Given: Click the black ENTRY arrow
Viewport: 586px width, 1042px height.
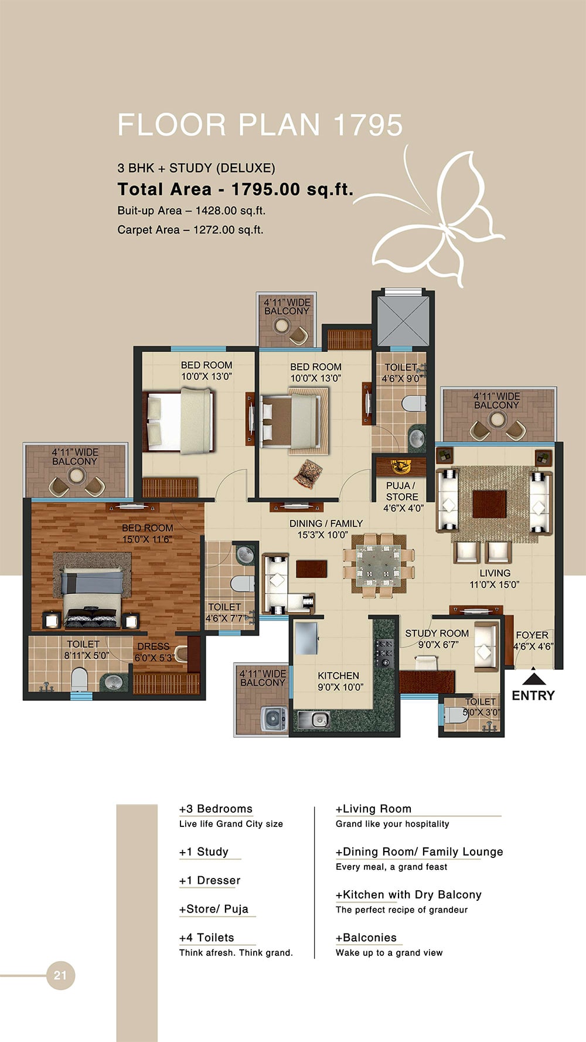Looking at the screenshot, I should click(533, 679).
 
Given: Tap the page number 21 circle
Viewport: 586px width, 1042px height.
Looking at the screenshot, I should click(60, 975).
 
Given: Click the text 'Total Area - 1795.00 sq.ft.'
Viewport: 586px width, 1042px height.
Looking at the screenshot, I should click(236, 189).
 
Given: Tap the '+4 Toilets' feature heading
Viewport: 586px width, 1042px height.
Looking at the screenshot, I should click(206, 937).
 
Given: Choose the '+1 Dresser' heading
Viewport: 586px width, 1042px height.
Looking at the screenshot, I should click(210, 880).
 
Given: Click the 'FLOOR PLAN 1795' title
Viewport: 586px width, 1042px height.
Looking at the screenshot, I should click(260, 125).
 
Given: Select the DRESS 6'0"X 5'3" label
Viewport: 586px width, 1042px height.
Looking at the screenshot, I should click(154, 652).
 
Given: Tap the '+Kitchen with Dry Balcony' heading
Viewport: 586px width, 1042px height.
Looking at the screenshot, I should click(408, 894).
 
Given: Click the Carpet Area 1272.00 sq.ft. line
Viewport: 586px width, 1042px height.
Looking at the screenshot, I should click(190, 230).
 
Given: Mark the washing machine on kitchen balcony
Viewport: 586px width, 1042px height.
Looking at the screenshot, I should click(272, 718).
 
